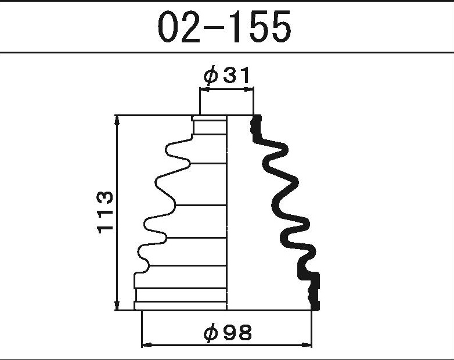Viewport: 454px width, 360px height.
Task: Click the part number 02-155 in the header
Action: (225, 27)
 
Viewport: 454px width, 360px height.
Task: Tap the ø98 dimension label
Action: (228, 332)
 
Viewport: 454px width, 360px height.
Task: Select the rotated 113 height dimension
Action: (105, 212)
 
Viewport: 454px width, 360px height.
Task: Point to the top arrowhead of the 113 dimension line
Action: (117, 120)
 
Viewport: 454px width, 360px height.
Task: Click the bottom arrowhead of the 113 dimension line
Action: (117, 305)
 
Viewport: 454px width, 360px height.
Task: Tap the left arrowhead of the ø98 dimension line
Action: (147, 345)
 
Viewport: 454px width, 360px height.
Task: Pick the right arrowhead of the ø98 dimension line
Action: (307, 345)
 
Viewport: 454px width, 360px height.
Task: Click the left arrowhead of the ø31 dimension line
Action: (205, 90)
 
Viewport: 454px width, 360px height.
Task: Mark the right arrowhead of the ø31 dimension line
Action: (248, 90)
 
